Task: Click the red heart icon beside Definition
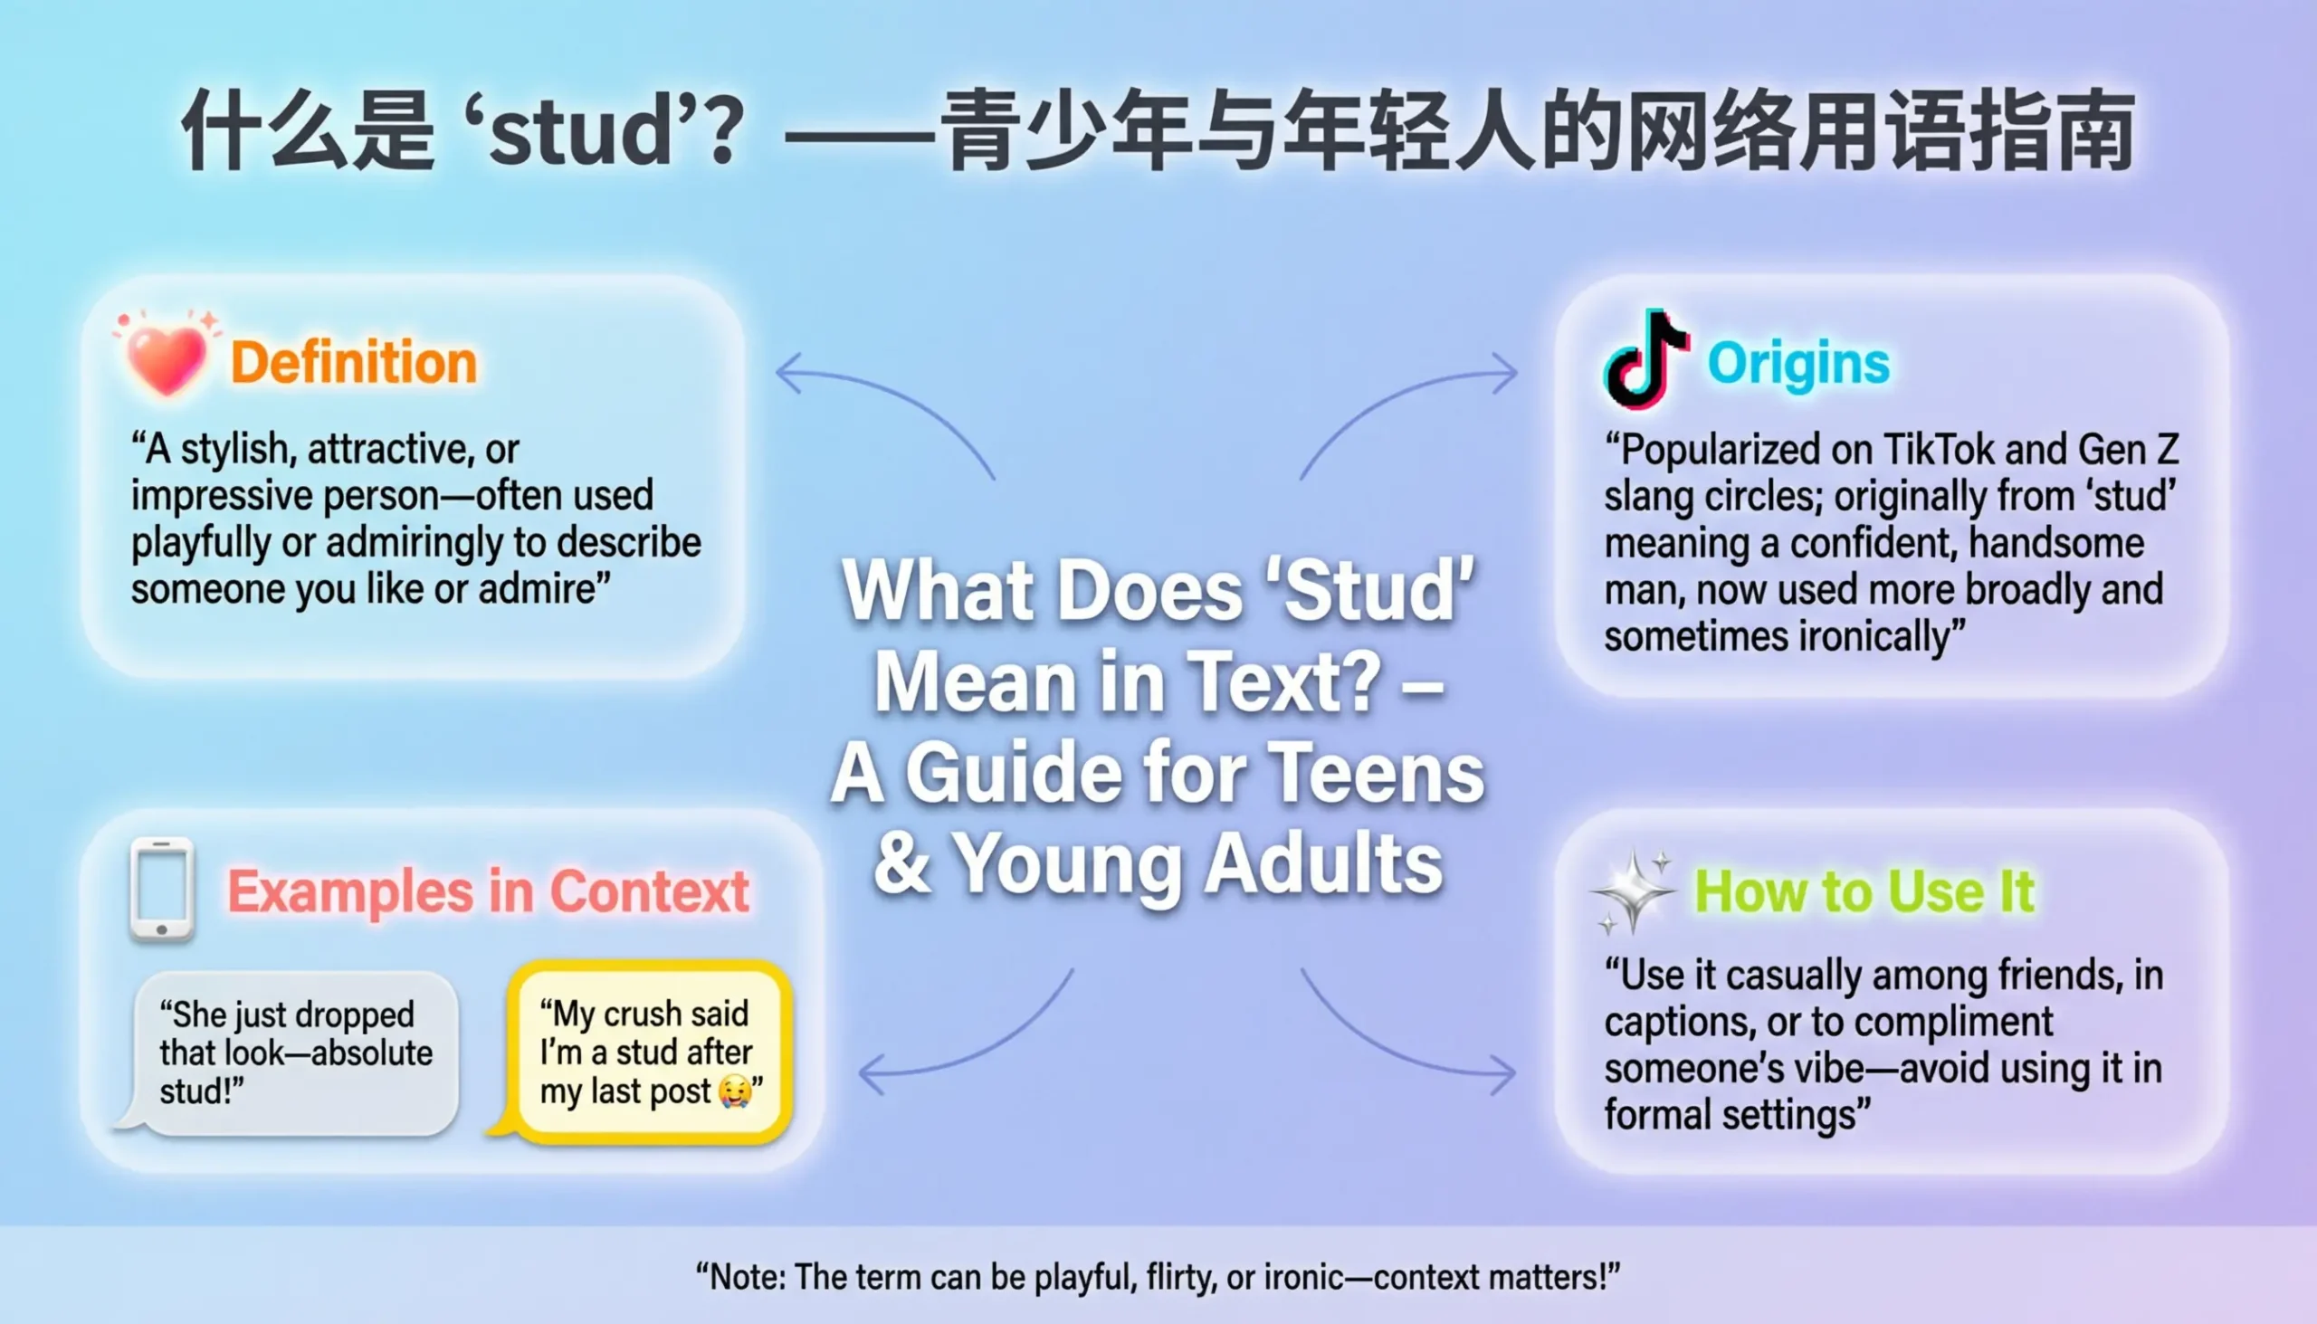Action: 167,357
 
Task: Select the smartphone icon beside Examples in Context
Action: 162,890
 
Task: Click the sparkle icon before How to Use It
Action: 1633,891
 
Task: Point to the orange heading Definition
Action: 354,362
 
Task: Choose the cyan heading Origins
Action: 1797,364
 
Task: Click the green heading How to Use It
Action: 1864,891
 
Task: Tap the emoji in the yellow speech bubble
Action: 735,1091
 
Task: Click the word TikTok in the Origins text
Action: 1939,449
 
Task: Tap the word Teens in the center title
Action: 1376,773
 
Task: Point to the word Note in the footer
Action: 748,1277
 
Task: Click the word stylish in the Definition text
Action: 234,449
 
